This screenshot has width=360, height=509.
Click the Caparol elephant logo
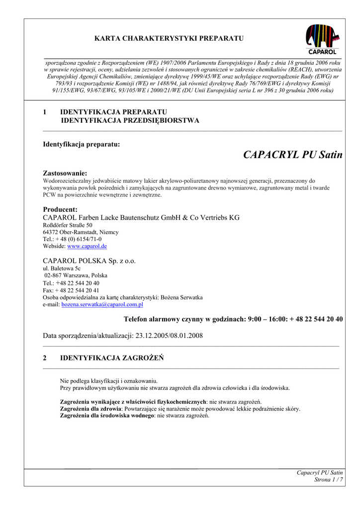[x=322, y=39]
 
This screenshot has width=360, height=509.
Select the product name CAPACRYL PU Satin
[x=293, y=155]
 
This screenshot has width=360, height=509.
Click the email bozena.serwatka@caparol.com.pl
[x=102, y=304]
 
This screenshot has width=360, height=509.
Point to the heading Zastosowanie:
[x=65, y=173]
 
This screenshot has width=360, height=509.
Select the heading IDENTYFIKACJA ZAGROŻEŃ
[x=112, y=358]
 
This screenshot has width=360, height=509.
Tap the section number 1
[x=45, y=112]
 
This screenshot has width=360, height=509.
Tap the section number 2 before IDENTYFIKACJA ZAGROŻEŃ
[x=45, y=358]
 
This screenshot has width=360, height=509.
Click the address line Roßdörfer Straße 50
[x=68, y=225]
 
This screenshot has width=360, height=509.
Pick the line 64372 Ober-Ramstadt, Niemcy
[x=81, y=232]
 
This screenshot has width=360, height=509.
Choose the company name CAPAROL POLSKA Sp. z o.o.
[x=89, y=260]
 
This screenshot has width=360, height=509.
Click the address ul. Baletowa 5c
[x=62, y=268]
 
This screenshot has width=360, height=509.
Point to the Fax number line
[x=71, y=290]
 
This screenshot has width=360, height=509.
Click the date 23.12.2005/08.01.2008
[x=169, y=336]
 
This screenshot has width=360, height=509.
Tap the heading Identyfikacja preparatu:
[x=82, y=144]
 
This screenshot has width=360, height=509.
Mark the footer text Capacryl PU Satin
[x=320, y=473]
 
